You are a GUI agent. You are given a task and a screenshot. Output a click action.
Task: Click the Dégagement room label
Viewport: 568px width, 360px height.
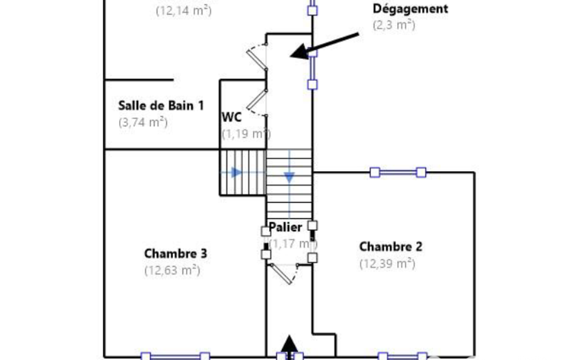410,9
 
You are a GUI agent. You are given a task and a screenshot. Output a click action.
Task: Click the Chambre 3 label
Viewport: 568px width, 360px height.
176,254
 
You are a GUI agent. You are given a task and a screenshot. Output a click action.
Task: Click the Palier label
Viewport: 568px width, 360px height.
285,227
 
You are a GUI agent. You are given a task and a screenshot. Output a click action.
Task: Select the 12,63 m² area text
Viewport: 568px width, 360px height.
172,270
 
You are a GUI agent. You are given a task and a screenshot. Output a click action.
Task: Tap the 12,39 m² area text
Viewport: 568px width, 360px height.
387,264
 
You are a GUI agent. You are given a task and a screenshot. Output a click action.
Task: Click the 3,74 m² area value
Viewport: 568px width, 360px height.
143,122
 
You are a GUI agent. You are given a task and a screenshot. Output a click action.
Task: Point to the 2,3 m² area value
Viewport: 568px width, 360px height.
394,25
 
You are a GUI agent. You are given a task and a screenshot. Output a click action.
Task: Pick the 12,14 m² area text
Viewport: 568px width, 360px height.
183,10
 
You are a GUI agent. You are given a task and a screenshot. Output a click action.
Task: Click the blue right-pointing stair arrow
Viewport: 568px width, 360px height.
237,172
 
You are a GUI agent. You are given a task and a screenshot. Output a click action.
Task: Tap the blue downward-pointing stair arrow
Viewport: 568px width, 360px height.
289,177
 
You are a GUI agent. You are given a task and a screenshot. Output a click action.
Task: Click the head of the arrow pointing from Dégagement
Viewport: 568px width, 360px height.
299,53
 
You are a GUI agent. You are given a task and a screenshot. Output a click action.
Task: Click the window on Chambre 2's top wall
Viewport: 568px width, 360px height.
398,172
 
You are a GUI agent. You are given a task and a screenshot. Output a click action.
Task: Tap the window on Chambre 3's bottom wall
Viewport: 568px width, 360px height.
175,356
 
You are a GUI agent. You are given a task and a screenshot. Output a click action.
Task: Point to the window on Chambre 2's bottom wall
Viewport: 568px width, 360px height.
402,356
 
